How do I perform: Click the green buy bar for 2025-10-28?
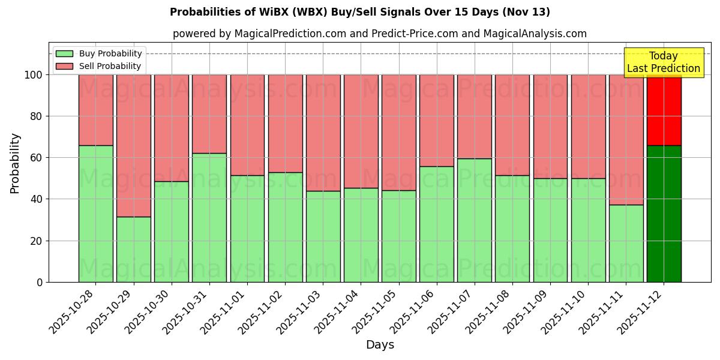pos(95,214)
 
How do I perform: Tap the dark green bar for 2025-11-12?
pos(664,214)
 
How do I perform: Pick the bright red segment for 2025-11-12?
pos(664,110)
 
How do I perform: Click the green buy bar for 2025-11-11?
pos(626,243)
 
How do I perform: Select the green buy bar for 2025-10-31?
pos(209,217)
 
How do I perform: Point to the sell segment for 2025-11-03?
pos(323,133)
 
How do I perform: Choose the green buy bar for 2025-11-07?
pos(474,220)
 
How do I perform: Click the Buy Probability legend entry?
pos(99,53)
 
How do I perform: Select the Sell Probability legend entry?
pos(99,66)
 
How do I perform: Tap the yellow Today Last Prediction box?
pos(663,62)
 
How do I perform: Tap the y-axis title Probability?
pos(15,163)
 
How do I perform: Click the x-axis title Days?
pos(380,345)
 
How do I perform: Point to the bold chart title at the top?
pos(359,12)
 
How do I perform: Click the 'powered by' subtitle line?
pos(379,34)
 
